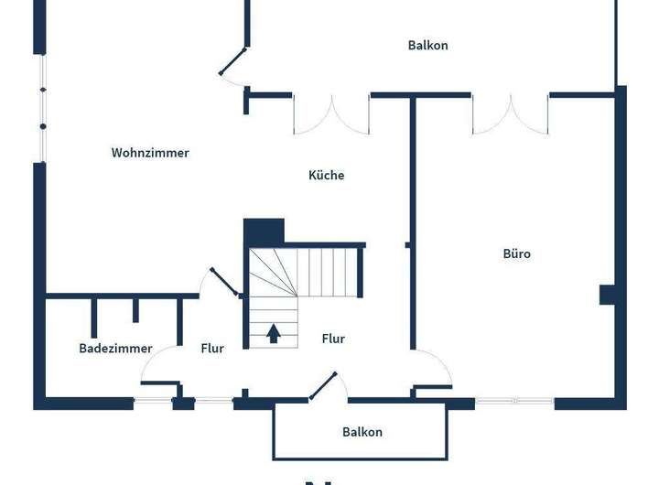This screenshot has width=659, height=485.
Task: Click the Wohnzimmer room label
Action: click(x=150, y=153)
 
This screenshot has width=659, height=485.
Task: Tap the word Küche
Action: click(x=327, y=175)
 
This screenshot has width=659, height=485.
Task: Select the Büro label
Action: click(x=516, y=253)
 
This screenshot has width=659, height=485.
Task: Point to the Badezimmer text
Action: click(x=115, y=349)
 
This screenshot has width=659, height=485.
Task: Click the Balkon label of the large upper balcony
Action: click(x=427, y=45)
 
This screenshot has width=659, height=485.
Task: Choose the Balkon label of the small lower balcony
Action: click(x=362, y=432)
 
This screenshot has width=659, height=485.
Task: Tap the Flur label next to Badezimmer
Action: click(x=212, y=349)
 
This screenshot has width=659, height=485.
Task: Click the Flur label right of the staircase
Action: click(x=333, y=339)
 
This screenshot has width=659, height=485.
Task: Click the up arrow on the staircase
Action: click(x=273, y=332)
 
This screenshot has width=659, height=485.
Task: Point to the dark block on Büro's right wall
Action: click(x=608, y=295)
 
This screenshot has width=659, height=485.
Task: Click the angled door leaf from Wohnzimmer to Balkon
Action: click(x=233, y=60)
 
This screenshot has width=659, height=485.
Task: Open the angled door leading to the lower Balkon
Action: click(x=323, y=386)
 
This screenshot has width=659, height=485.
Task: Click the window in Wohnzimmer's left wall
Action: click(x=41, y=108)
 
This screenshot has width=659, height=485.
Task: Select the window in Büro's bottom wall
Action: click(x=514, y=401)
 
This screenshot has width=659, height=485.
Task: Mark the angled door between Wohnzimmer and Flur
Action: click(x=224, y=282)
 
